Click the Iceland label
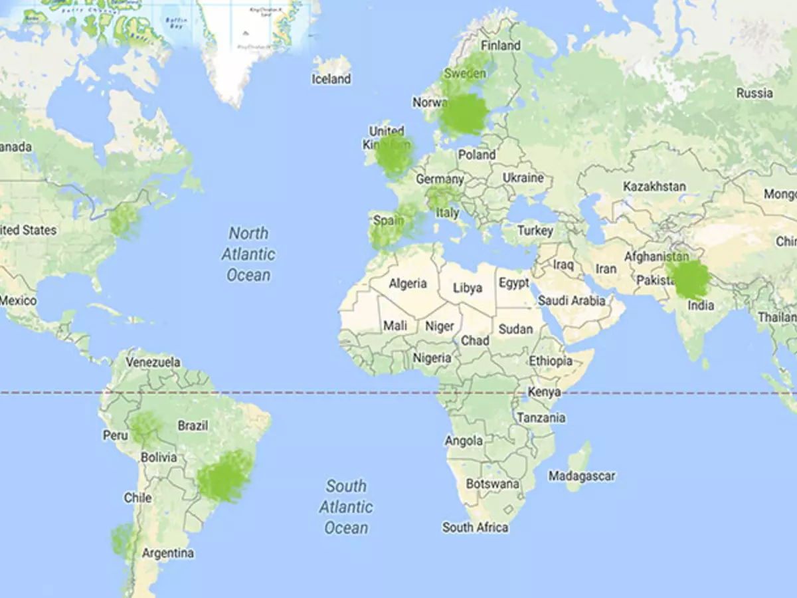point(331,79)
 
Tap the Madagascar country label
point(582,476)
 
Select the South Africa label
point(476,528)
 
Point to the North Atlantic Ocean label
point(249,254)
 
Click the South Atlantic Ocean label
point(346,507)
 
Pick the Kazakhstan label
point(654,187)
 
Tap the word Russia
point(754,93)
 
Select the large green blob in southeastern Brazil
point(226,476)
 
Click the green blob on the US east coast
point(124,220)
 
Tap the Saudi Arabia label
point(572,301)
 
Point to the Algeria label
point(408,284)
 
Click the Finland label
point(501,46)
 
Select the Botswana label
point(492,484)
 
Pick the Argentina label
point(168,553)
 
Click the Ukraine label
point(523,178)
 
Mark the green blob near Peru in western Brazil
point(144,428)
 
